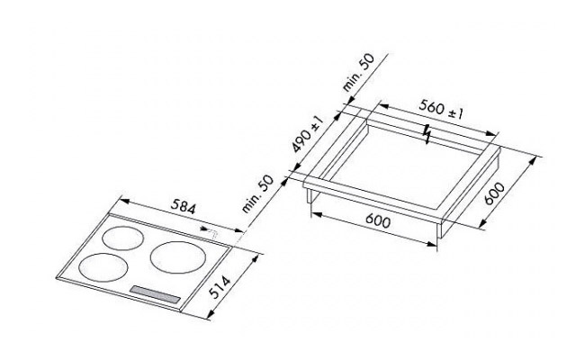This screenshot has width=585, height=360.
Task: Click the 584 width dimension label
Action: point(184,207)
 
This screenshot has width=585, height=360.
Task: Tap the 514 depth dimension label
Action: point(220,287)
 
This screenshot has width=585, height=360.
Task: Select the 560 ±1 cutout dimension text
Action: point(441,109)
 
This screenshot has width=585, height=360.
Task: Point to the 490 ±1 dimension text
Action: point(308,134)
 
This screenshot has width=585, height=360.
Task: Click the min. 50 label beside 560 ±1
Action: point(358,73)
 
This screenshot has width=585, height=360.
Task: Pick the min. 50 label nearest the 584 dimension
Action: point(257,194)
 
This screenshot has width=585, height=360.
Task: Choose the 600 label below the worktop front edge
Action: point(378,220)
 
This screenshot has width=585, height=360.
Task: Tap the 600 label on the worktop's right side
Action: point(494,193)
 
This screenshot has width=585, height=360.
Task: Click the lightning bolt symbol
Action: point(427,134)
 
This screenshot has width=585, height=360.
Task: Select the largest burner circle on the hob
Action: point(178,257)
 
